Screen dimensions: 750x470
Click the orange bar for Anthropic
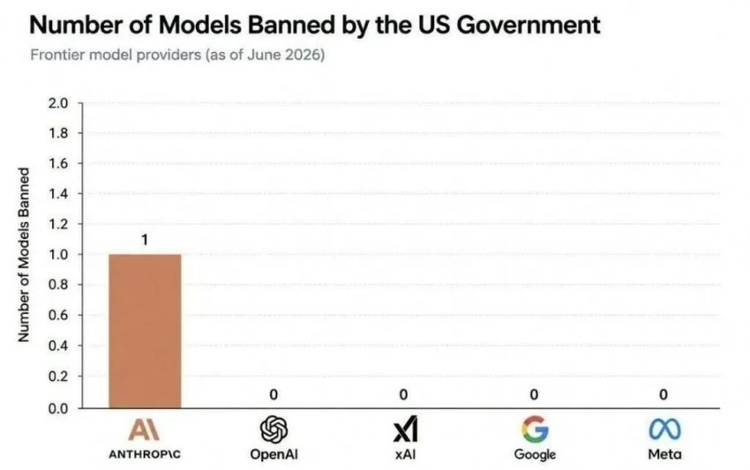coord(145,331)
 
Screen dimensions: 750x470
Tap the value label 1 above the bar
coord(145,240)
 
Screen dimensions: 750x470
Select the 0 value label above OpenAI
coord(274,394)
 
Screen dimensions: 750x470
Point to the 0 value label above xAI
coord(403,394)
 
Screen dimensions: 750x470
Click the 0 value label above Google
coord(534,394)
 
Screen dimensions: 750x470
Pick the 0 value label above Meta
coord(663,394)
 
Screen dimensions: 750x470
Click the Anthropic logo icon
coord(144,429)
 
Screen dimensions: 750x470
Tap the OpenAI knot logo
coord(274,429)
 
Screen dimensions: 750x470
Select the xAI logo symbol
coord(405,429)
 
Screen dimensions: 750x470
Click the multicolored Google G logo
coord(535,429)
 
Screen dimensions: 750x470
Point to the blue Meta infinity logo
coord(665,429)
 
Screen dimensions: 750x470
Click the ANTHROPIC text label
coord(145,454)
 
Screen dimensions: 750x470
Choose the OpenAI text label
coord(274,454)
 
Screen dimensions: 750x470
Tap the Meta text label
coord(665,454)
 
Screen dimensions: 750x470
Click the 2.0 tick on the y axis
coord(58,103)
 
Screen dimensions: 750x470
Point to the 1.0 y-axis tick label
coord(58,254)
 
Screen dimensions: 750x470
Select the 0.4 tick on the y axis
coord(58,345)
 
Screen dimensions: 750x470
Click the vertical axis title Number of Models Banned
coord(23,255)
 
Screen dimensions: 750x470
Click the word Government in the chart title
coord(528,25)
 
